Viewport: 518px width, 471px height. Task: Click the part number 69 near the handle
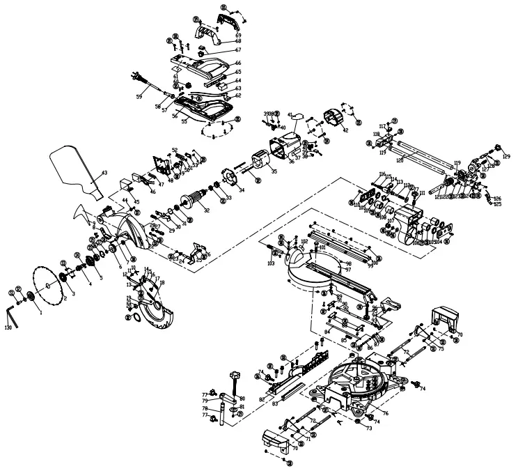238,35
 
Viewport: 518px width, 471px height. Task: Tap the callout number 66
238,63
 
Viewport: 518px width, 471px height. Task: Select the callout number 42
345,130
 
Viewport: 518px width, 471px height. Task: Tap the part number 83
275,403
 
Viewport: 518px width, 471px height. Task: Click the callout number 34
242,190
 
